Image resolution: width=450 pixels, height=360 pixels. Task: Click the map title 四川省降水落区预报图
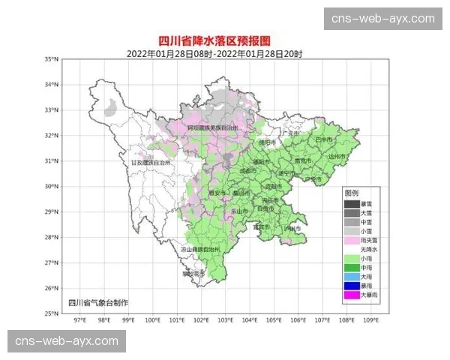pos(224,41)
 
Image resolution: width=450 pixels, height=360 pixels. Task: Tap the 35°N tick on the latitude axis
pos(52,58)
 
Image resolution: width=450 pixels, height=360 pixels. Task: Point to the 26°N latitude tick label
pos(52,288)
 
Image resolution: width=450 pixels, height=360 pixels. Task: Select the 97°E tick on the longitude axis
pos(79,320)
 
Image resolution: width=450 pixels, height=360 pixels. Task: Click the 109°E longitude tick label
pos(370,320)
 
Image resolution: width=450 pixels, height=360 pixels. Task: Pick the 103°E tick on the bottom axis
pos(225,320)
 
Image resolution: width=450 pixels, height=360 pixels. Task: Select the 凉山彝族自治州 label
pos(199,248)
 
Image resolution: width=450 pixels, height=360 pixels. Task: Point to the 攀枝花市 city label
pos(193,274)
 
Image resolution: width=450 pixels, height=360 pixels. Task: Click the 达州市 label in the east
pos(340,155)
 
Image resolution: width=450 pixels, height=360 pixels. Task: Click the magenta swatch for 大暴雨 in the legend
pos(351,295)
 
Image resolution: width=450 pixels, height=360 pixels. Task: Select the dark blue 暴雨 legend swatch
pos(351,286)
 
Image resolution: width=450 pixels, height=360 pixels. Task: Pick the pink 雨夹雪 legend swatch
pos(351,240)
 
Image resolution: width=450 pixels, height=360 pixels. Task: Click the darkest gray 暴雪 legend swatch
pos(351,203)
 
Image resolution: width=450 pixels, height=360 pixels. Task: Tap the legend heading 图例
pos(352,193)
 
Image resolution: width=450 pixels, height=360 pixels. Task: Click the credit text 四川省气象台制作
pos(98,302)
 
